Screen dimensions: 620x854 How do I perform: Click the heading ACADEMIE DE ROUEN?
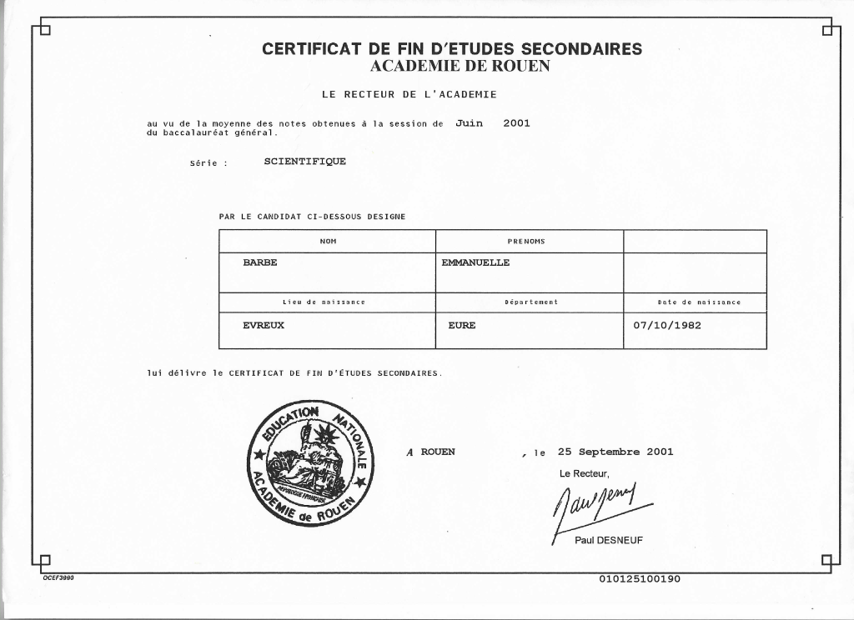tap(452, 66)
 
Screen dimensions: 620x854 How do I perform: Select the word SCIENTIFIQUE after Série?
tap(304, 162)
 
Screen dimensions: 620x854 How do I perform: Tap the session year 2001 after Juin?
tap(516, 123)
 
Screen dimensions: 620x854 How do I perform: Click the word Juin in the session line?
tap(470, 123)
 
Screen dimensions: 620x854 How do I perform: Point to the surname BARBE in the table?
tap(259, 262)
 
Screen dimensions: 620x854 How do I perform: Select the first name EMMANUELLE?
tap(475, 262)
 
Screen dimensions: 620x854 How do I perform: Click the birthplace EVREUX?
tap(264, 325)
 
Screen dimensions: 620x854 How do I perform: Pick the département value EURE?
tap(461, 325)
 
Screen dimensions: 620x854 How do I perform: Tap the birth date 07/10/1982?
tap(667, 325)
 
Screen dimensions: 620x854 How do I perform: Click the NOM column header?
tap(327, 241)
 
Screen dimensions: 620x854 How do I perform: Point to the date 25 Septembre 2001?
tap(615, 452)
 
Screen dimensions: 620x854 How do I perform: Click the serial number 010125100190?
tap(640, 579)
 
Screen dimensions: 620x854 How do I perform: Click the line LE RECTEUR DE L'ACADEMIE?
tap(409, 95)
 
